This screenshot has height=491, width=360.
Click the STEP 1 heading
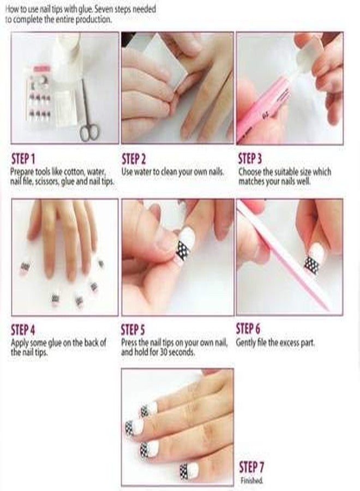pos(23,159)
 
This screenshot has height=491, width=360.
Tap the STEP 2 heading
pos(134,159)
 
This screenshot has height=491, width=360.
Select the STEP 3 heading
pos(250,159)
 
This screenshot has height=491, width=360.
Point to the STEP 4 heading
pos(23,330)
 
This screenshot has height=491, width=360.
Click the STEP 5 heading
pos(133,330)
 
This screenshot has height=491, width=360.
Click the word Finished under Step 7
pos(251,481)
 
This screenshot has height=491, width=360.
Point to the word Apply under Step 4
pos(21,344)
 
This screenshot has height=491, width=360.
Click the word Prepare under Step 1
pos(23,172)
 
